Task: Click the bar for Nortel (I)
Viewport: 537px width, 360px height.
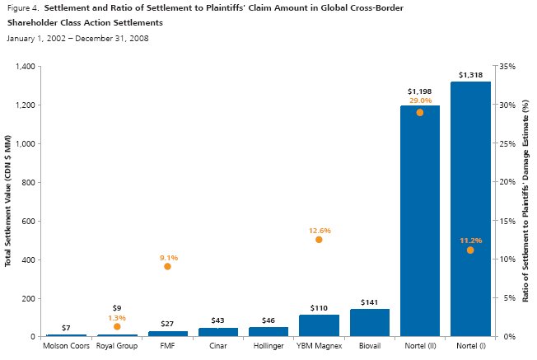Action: coord(470,209)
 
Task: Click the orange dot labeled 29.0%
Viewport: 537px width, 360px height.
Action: coord(419,112)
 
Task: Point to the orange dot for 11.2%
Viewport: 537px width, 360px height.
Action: coord(470,250)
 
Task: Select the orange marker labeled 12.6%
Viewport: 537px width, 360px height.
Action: coord(319,239)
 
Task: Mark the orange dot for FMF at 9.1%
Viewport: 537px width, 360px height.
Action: coord(167,266)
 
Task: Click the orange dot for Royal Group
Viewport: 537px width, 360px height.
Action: coord(117,326)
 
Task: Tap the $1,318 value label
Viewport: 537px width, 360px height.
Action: coord(470,75)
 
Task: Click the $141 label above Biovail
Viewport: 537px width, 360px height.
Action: coord(369,302)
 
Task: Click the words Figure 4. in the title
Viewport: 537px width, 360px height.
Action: coord(21,8)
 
